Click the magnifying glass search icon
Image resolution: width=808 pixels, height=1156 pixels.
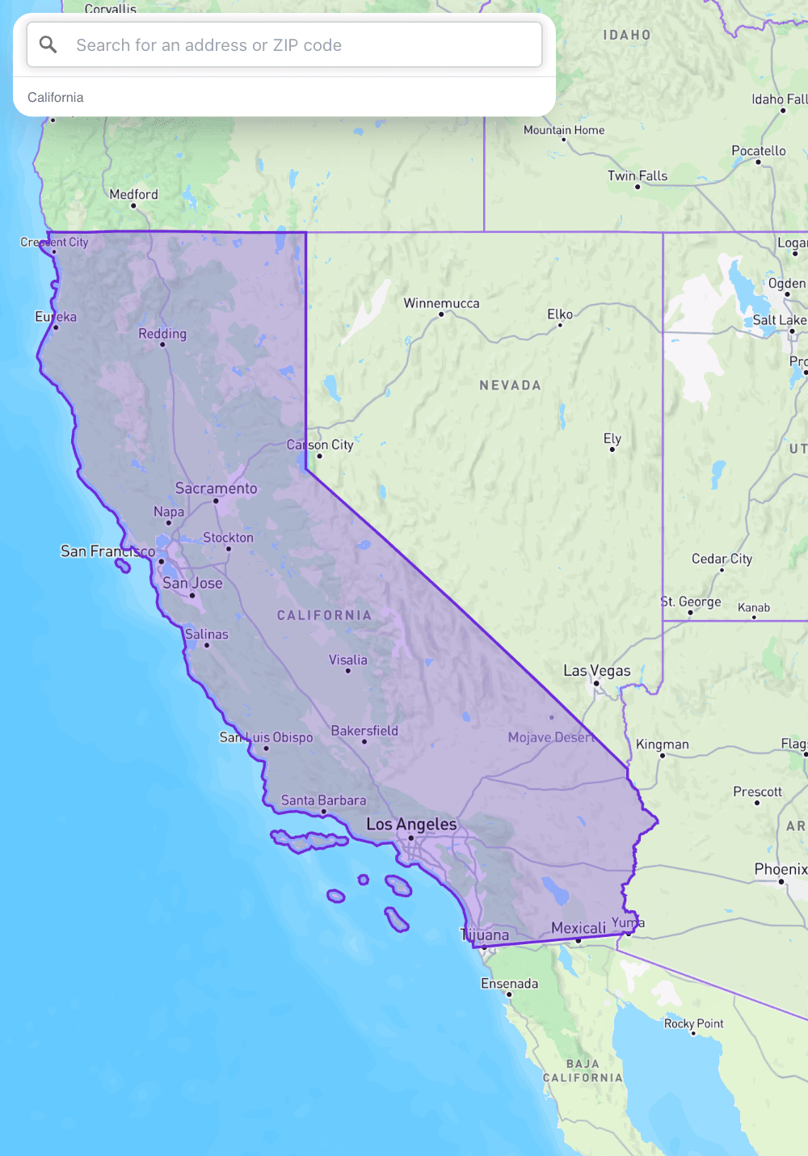48,44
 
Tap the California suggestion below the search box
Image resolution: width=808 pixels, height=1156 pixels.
56,97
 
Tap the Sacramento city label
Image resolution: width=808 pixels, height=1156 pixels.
217,488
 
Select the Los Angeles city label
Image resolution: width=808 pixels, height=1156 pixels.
411,825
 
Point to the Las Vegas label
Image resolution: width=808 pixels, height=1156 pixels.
597,671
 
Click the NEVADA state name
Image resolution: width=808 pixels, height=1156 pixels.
511,386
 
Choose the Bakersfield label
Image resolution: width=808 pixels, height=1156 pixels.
364,731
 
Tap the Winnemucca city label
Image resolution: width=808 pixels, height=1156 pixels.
441,303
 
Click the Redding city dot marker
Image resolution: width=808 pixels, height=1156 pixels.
162,344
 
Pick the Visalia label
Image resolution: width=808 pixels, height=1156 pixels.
348,660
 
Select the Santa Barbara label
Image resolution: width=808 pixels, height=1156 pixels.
323,800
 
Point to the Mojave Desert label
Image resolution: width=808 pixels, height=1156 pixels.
551,737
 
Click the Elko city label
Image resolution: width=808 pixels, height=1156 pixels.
560,314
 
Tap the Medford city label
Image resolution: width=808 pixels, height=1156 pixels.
134,194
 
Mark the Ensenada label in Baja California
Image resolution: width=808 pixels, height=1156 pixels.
509,984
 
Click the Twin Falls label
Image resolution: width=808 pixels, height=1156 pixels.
638,175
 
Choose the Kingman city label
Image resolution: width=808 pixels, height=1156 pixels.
663,745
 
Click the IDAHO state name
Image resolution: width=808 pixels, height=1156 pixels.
627,36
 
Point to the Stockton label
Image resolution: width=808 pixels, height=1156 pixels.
228,538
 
